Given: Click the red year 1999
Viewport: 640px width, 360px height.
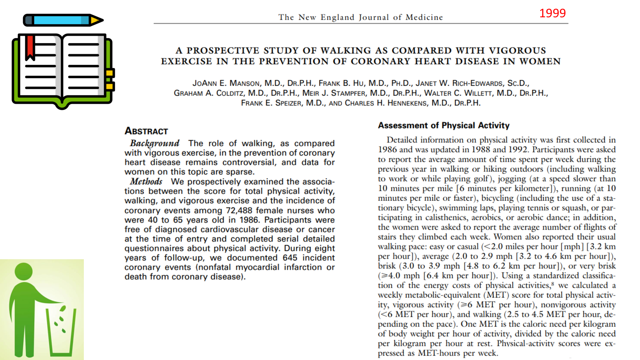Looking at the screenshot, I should pyautogui.click(x=552, y=13).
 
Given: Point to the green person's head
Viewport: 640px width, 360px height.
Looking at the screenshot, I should pyautogui.click(x=23, y=272).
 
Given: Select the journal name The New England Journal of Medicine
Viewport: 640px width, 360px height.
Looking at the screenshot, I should pyautogui.click(x=360, y=17).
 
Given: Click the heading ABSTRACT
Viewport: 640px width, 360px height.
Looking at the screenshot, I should pyautogui.click(x=146, y=131).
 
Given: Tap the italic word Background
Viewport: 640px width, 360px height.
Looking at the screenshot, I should pyautogui.click(x=155, y=143).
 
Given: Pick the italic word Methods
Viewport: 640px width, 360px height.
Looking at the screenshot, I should pyautogui.click(x=146, y=181).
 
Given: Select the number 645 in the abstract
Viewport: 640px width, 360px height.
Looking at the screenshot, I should pyautogui.click(x=290, y=258).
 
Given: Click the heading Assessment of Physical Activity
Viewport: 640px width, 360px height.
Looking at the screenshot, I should pyautogui.click(x=444, y=125).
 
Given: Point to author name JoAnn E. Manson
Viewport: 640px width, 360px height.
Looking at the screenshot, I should pyautogui.click(x=226, y=83).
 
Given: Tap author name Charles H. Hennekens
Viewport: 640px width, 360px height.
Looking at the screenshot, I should pyautogui.click(x=386, y=103).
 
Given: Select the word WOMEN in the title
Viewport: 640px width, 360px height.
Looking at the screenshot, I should pyautogui.click(x=540, y=61).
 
